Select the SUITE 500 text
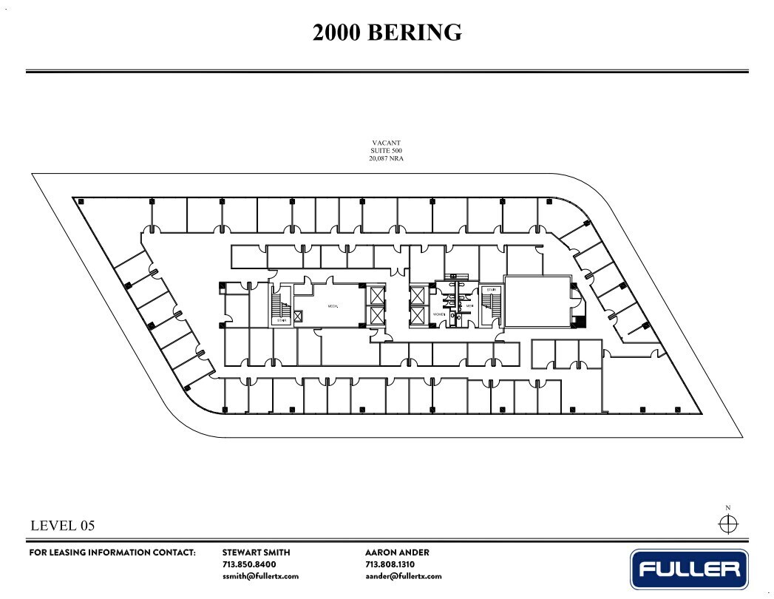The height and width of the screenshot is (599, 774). click(387, 150)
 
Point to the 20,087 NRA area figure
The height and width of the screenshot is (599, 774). click(387, 158)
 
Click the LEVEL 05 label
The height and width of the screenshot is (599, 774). click(63, 526)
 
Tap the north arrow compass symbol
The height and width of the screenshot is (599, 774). click(728, 524)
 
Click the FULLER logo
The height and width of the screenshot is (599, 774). click(689, 569)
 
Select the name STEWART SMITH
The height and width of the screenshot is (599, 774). click(257, 552)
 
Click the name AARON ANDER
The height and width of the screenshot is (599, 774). click(397, 552)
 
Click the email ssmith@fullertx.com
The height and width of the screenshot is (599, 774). click(260, 576)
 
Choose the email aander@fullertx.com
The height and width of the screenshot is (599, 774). click(403, 576)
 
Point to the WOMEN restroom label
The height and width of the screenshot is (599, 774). click(438, 315)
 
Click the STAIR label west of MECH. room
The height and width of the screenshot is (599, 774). click(282, 320)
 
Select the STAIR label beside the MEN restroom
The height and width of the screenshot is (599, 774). click(490, 291)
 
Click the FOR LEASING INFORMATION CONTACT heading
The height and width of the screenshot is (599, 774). click(112, 552)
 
